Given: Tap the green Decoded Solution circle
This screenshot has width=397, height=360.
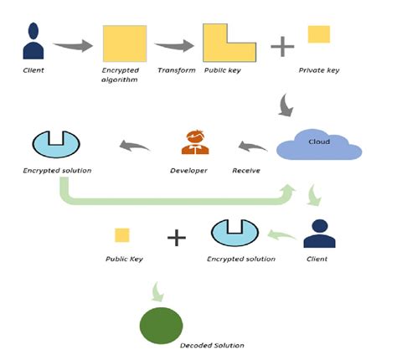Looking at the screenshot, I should pyautogui.click(x=161, y=325).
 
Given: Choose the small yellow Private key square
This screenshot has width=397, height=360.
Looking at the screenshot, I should pyautogui.click(x=318, y=34).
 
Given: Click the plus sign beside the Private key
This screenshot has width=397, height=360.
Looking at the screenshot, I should pyautogui.click(x=281, y=45).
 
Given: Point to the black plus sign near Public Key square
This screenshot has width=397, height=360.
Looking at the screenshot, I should pyautogui.click(x=176, y=237).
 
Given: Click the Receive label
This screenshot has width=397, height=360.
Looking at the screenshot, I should pyautogui.click(x=246, y=170).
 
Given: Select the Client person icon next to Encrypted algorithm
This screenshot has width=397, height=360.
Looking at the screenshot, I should pyautogui.click(x=34, y=42).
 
